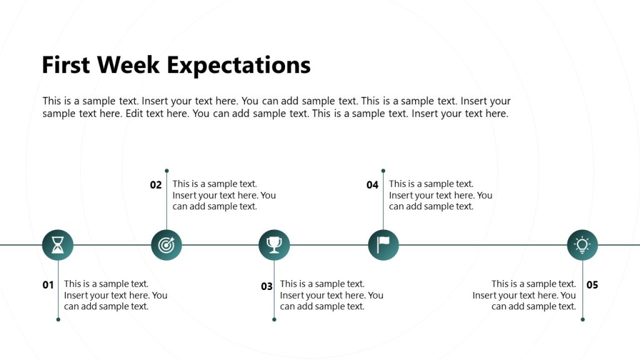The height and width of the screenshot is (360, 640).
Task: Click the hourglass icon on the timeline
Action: click(x=57, y=245)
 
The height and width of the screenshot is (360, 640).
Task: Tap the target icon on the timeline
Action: click(x=166, y=245)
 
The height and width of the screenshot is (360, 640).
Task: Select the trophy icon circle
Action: click(x=274, y=245)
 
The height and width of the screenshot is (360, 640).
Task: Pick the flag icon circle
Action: click(x=383, y=245)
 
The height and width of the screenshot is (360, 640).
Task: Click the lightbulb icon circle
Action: click(x=582, y=245)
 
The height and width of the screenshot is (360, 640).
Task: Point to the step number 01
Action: click(x=48, y=285)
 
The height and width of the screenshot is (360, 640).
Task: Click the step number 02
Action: click(x=156, y=185)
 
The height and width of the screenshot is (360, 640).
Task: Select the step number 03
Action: click(x=267, y=286)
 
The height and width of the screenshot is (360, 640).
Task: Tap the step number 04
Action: click(x=372, y=185)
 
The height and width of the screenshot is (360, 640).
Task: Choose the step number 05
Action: click(x=592, y=285)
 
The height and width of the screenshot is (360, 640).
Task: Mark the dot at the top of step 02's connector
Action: click(x=167, y=171)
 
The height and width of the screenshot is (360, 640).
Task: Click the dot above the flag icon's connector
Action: click(x=383, y=171)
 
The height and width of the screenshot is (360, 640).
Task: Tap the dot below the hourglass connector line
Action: click(x=58, y=319)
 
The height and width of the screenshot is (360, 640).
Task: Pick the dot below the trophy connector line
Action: click(x=274, y=319)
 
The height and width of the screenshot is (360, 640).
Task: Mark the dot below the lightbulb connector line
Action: click(x=582, y=319)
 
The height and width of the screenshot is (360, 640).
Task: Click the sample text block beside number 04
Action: click(x=440, y=195)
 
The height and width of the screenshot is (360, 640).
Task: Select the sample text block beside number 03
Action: click(x=331, y=295)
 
